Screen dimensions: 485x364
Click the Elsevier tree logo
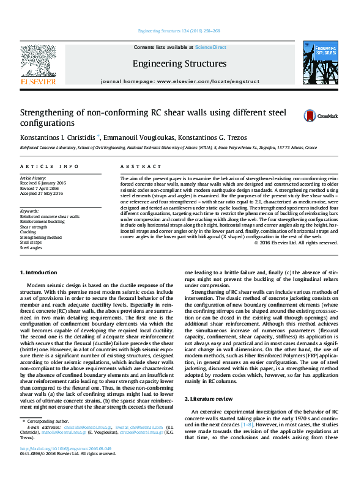39,60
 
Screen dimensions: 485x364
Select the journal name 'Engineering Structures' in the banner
179,64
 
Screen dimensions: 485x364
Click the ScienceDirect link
210,47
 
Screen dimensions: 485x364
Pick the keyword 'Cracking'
28,232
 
